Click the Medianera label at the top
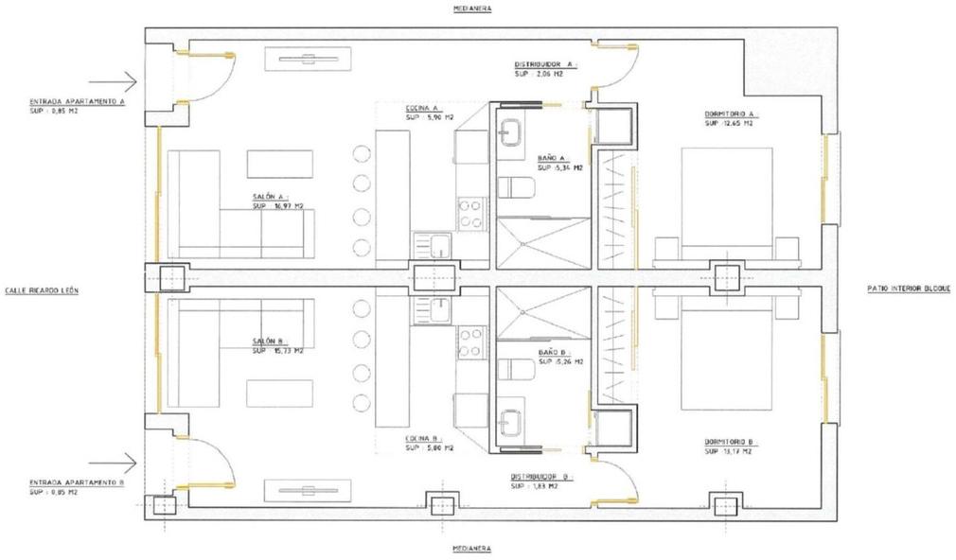(472, 8)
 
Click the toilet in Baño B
(515, 371)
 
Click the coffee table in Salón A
(279, 164)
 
